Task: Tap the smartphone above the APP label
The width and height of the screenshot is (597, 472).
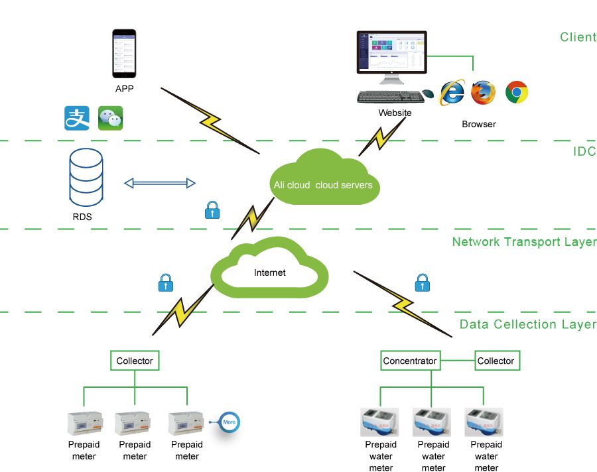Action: pyautogui.click(x=123, y=52)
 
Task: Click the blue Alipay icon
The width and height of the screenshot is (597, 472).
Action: pyautogui.click(x=77, y=118)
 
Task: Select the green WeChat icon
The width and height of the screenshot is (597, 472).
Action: pyautogui.click(x=110, y=118)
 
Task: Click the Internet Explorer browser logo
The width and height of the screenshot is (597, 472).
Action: pyautogui.click(x=452, y=92)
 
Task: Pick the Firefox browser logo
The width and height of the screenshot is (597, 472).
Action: pyautogui.click(x=484, y=92)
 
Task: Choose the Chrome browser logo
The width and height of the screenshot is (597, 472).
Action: pyautogui.click(x=517, y=92)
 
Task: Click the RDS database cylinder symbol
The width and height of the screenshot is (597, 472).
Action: pyautogui.click(x=86, y=176)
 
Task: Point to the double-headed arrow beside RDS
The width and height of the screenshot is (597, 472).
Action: pyautogui.click(x=160, y=183)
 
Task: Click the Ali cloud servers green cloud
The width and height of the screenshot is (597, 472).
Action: pyautogui.click(x=324, y=179)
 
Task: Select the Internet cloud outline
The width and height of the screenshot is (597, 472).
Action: pyautogui.click(x=270, y=268)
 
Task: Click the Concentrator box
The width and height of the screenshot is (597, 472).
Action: pyautogui.click(x=410, y=361)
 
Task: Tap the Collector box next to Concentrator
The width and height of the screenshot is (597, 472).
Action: pyautogui.click(x=496, y=361)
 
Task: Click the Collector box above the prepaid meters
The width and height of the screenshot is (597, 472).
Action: pyautogui.click(x=135, y=361)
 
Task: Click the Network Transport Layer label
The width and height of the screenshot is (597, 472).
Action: pyautogui.click(x=523, y=242)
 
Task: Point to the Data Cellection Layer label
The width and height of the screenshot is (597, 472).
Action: pyautogui.click(x=527, y=324)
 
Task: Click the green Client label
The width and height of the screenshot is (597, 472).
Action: pyautogui.click(x=577, y=37)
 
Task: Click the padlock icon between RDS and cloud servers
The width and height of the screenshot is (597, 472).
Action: pyautogui.click(x=212, y=211)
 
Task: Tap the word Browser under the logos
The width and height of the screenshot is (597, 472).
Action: pyautogui.click(x=478, y=124)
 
